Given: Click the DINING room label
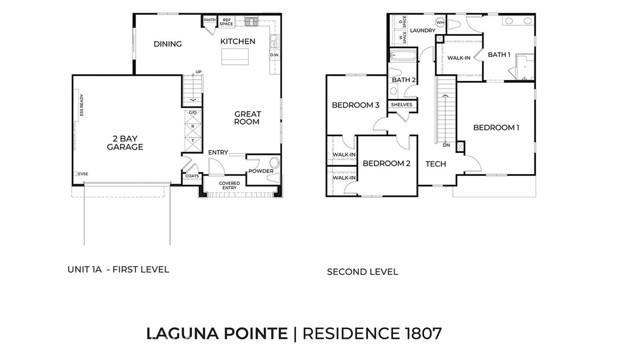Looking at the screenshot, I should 167,44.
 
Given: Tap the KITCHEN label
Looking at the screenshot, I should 238,41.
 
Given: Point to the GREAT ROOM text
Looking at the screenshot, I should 247,118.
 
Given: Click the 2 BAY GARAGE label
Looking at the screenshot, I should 125,143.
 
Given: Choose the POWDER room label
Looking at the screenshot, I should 261,171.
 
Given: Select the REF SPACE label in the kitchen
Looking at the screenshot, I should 227,21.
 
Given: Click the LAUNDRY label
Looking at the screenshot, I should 422,31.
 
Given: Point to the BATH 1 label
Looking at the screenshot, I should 499,55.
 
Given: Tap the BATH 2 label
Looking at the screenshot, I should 404,80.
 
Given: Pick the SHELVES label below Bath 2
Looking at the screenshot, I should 402,104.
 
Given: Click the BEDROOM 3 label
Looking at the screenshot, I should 355,106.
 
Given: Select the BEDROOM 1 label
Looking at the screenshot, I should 496,127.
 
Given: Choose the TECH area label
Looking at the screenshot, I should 435,163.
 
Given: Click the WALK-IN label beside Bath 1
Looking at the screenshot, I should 459,58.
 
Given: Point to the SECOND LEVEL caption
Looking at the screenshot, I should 362,272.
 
